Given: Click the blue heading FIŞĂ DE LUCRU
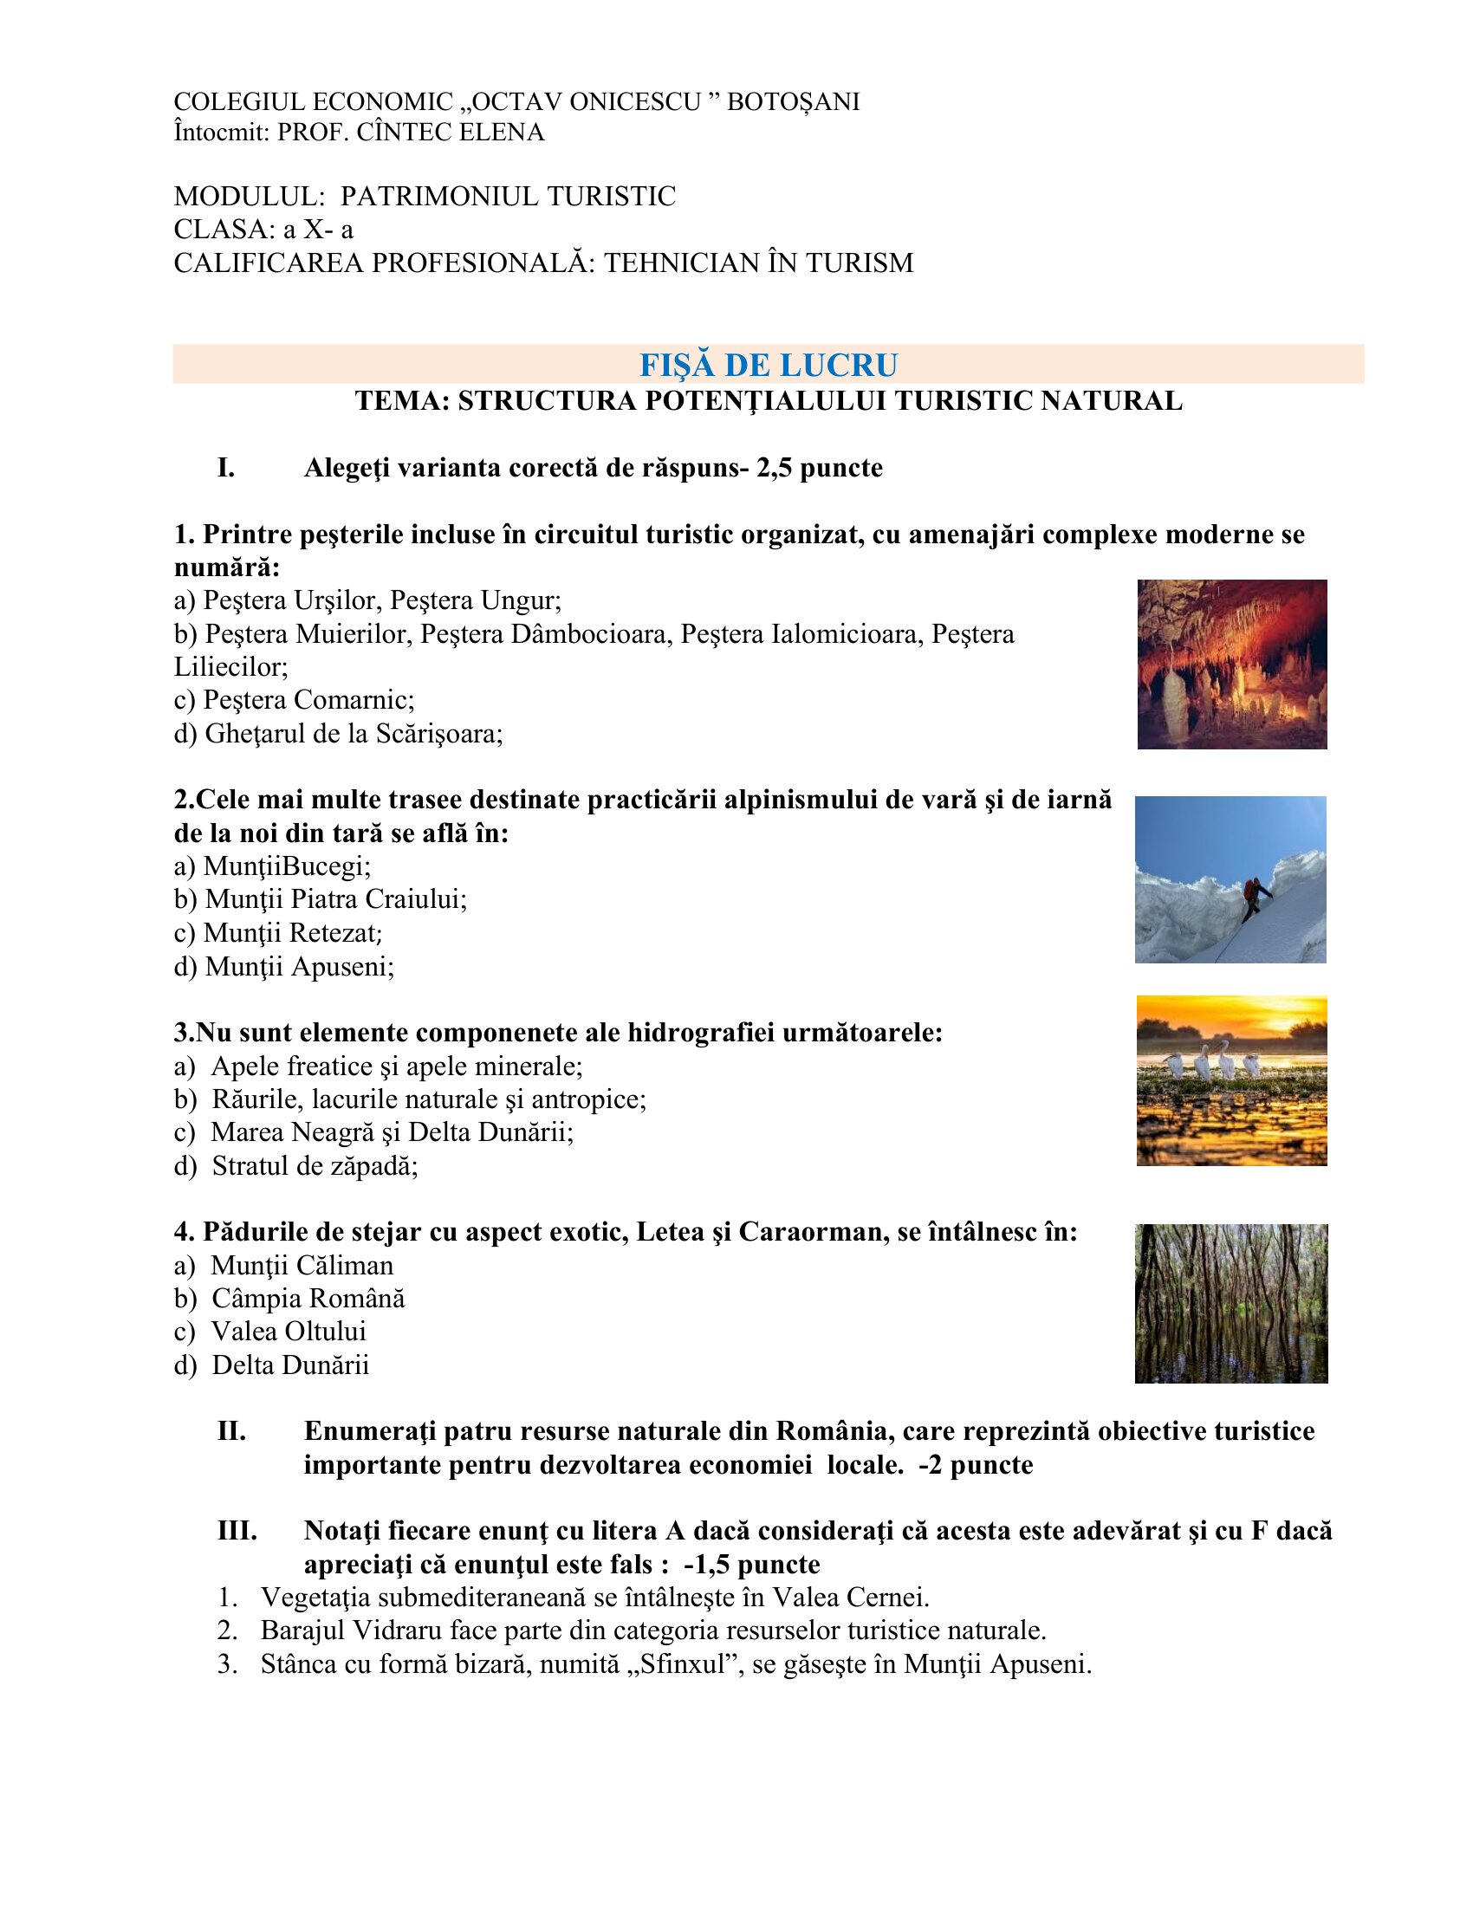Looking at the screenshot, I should (x=768, y=365).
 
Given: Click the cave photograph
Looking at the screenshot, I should (x=1231, y=665).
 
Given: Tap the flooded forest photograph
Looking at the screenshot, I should (x=1230, y=1303).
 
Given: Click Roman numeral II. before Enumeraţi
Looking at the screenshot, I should (x=231, y=1431).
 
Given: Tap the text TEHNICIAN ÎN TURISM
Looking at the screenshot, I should (x=758, y=263).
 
